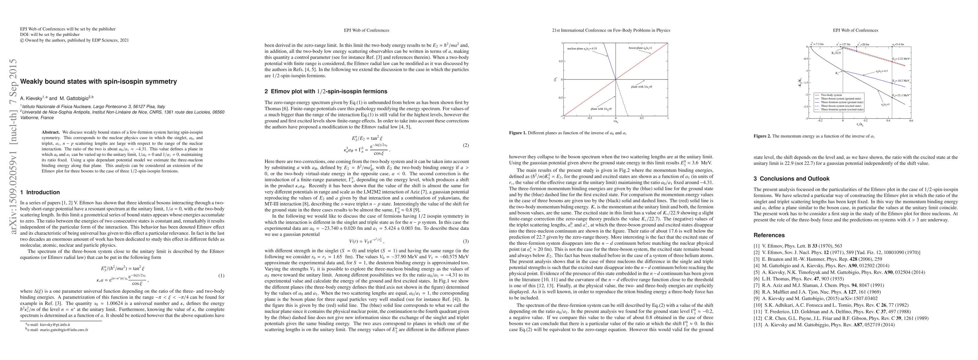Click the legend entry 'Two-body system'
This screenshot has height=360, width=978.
832,95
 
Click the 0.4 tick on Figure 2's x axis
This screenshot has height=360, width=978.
888,121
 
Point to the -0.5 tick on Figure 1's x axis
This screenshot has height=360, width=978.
589,118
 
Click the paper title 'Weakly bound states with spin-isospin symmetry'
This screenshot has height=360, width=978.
98,82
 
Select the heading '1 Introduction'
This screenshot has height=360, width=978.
40,192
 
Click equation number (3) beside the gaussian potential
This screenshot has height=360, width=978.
466,241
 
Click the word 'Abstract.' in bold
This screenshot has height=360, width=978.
51,133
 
